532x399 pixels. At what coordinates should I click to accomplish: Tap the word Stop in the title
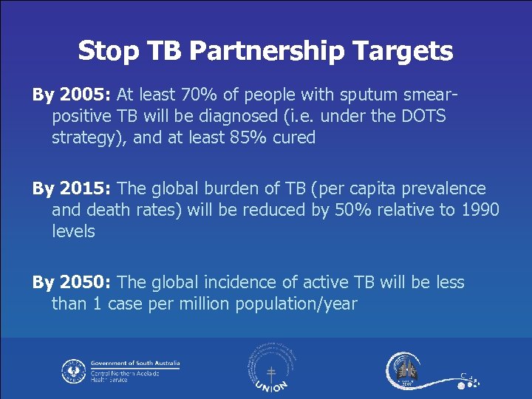[x=108, y=51]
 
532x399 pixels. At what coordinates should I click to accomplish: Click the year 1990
[x=480, y=210]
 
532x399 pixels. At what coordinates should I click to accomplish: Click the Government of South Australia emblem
[x=73, y=370]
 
